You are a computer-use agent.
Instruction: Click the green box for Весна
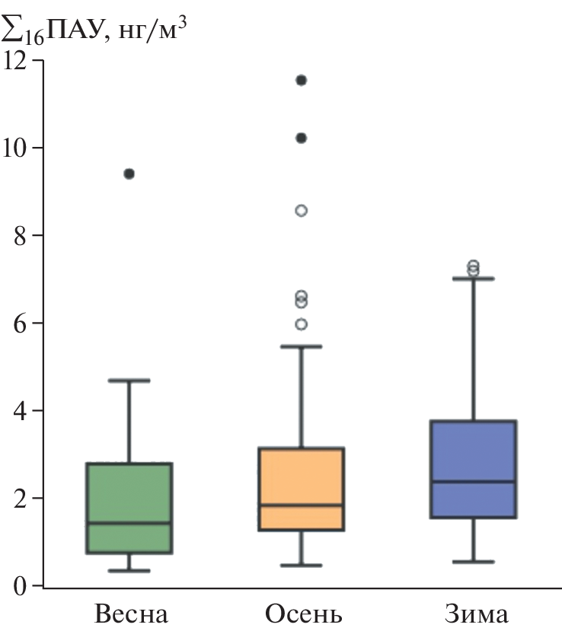(x=129, y=508)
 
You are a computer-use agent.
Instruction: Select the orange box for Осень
(x=301, y=489)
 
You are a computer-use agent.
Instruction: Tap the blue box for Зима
(x=473, y=469)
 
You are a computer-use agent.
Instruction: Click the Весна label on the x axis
(x=131, y=613)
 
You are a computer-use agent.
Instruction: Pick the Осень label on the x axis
(x=304, y=613)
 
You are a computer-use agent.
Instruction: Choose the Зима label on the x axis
(x=474, y=613)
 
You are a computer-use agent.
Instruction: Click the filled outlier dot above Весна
(x=129, y=174)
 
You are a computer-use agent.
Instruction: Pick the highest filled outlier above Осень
(x=301, y=80)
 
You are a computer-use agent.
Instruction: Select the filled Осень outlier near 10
(x=301, y=138)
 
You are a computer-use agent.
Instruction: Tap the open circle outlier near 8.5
(x=301, y=211)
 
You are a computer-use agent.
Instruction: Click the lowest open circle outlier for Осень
(x=301, y=324)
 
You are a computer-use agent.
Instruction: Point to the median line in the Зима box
(x=473, y=481)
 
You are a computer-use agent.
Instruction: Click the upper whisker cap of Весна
(x=129, y=380)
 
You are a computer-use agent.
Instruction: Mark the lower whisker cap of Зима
(x=473, y=562)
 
